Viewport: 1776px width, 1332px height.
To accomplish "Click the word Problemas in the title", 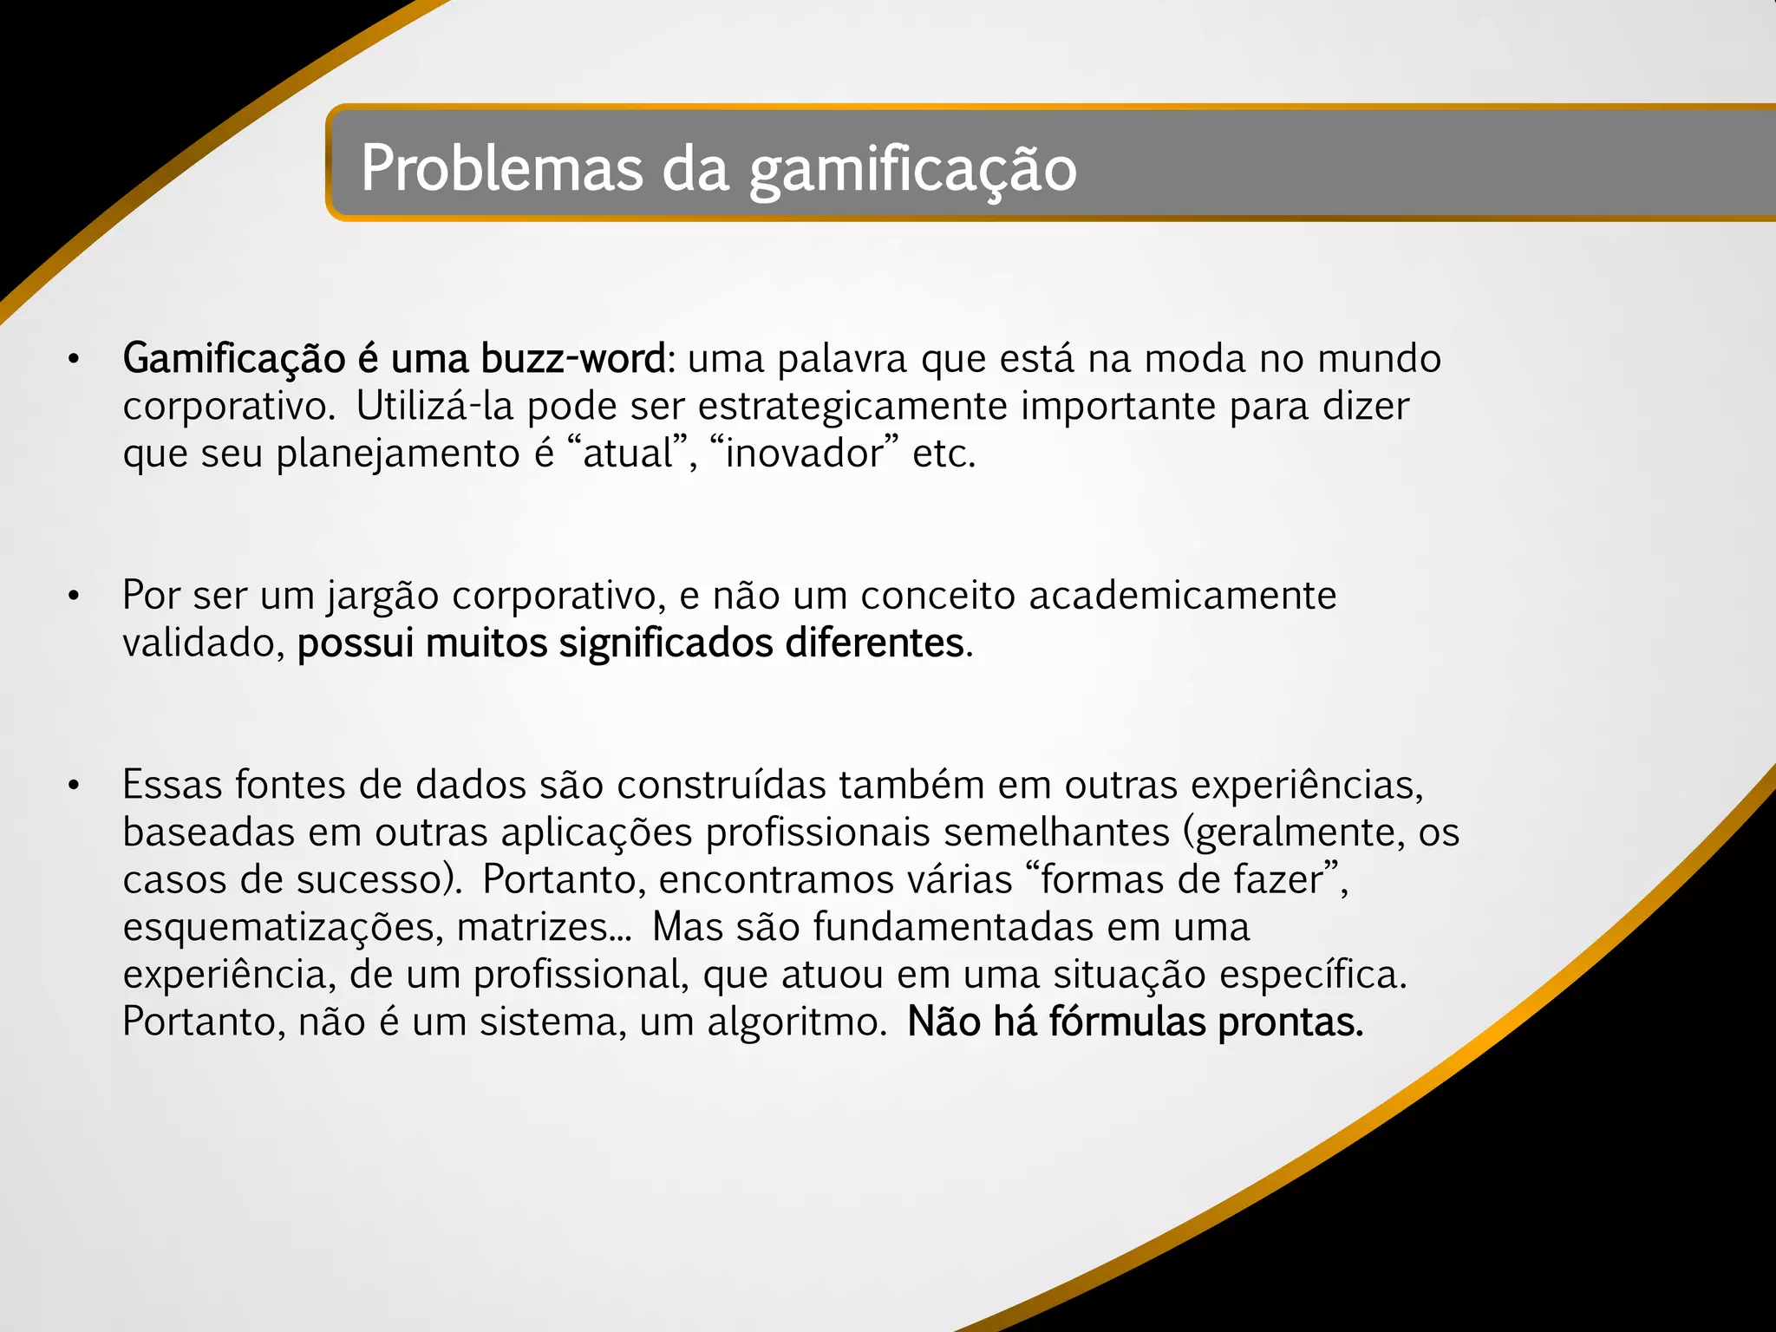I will click(501, 168).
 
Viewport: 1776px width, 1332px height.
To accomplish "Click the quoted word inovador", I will click(803, 454).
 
